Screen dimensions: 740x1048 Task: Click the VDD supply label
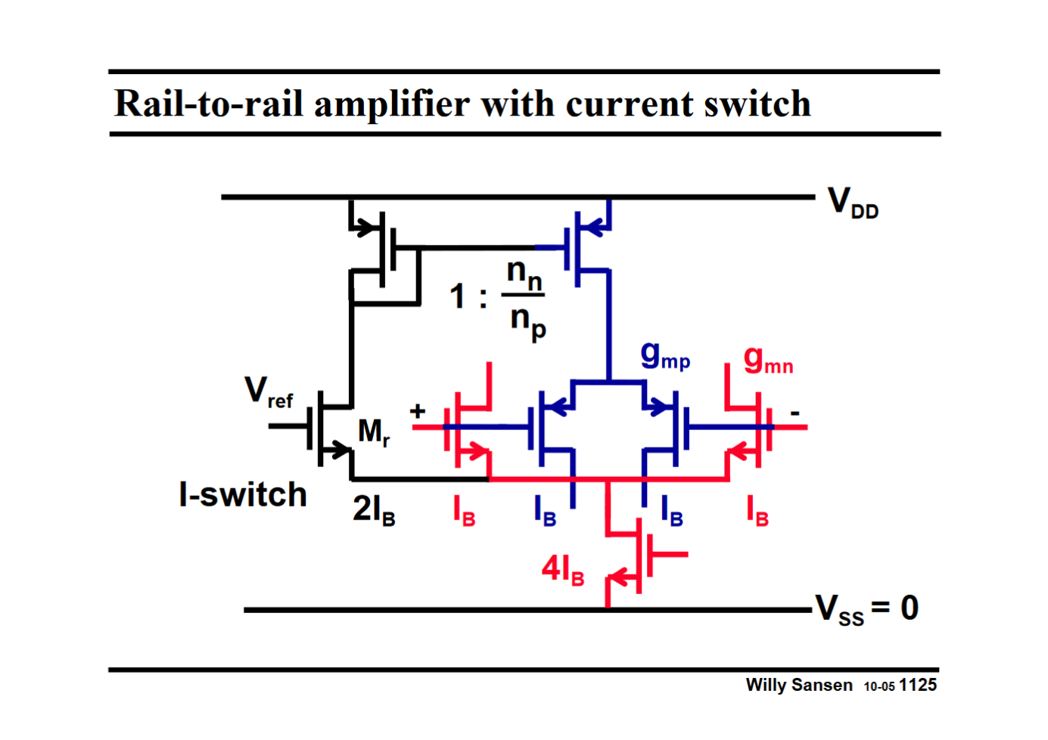(853, 203)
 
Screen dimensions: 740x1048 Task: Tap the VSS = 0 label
(867, 608)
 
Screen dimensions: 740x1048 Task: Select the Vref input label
(268, 392)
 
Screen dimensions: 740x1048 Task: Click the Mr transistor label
(374, 432)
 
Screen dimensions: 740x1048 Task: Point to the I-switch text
(243, 495)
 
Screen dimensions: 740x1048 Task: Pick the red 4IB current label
(562, 569)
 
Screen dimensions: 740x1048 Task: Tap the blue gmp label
(664, 355)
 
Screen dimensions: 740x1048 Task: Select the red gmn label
(767, 360)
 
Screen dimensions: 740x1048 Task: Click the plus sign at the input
(418, 411)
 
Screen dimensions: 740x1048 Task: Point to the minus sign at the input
(795, 413)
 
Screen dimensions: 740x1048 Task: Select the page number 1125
(918, 685)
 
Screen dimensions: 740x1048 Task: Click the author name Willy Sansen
(798, 685)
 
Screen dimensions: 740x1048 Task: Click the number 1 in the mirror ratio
(457, 296)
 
